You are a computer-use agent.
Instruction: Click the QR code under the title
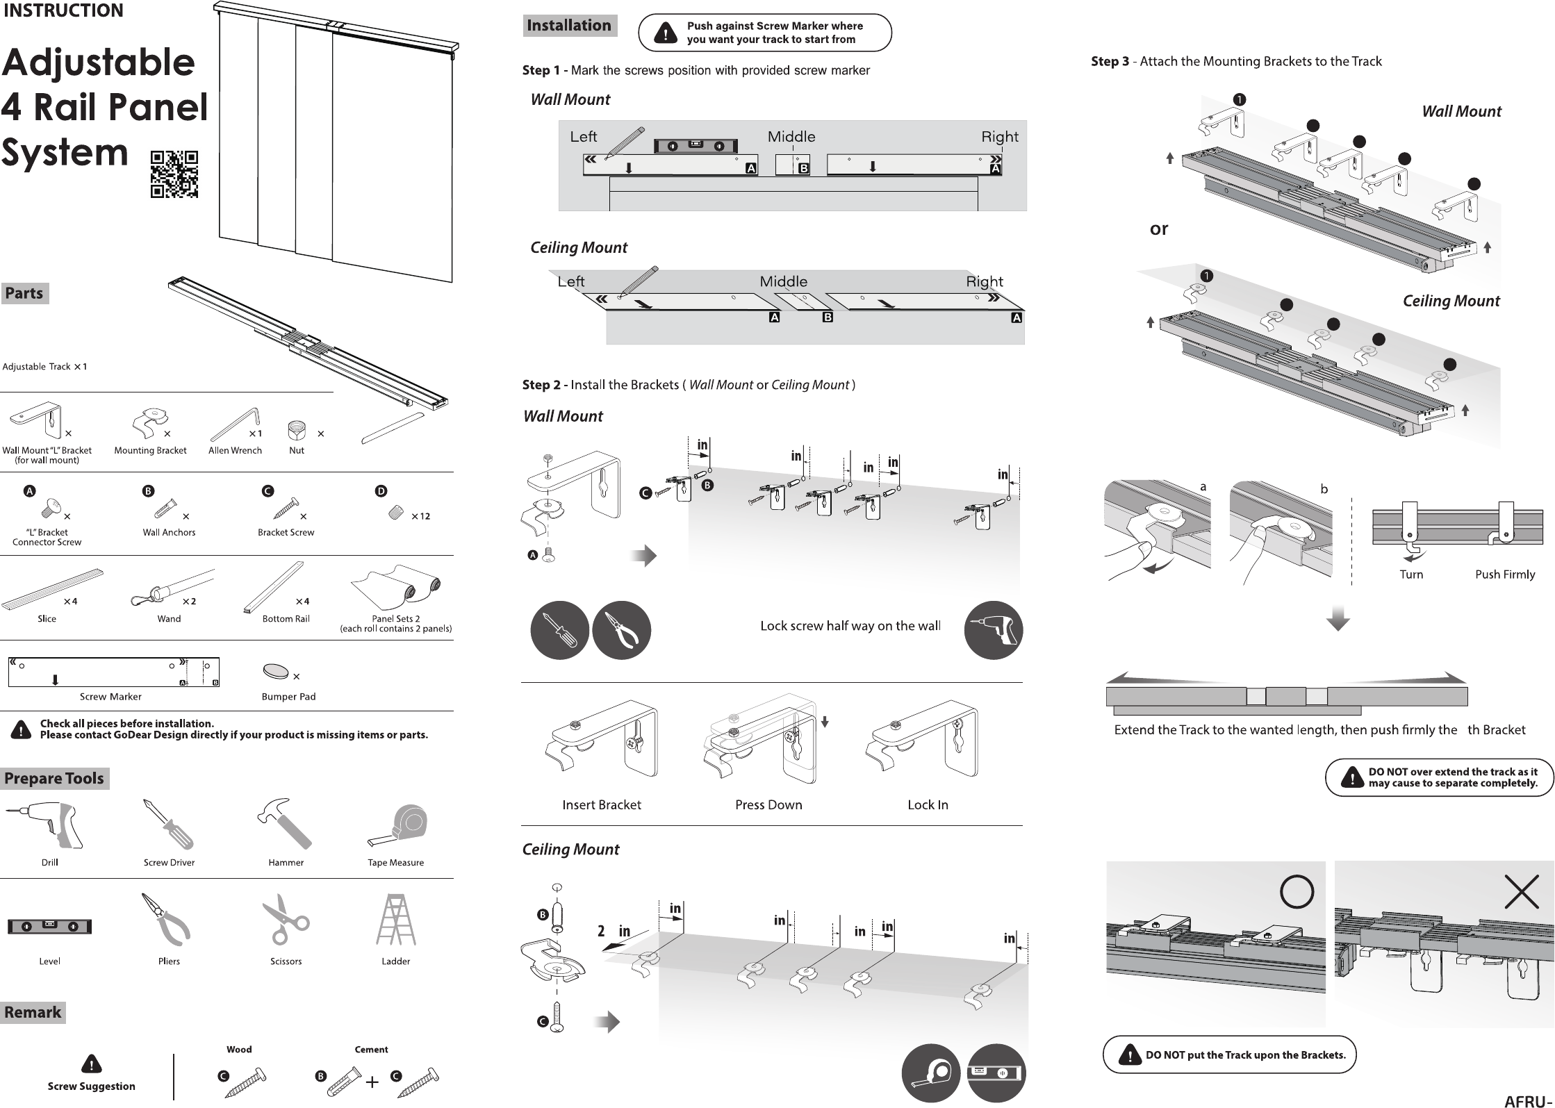(174, 174)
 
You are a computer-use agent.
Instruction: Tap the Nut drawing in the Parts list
(297, 431)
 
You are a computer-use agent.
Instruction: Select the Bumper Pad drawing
(276, 672)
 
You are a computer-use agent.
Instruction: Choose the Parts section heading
(24, 293)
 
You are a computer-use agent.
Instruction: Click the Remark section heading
(33, 1012)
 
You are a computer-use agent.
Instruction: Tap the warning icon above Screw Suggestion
(91, 1064)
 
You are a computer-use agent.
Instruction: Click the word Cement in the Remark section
(371, 1049)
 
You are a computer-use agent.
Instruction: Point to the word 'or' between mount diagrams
(1159, 229)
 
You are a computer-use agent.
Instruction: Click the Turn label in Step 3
(1411, 574)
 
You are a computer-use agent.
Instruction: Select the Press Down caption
(768, 804)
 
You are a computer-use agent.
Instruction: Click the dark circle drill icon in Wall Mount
(993, 630)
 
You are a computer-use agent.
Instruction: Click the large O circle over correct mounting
(1297, 891)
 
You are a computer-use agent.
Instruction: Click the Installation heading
(569, 26)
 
